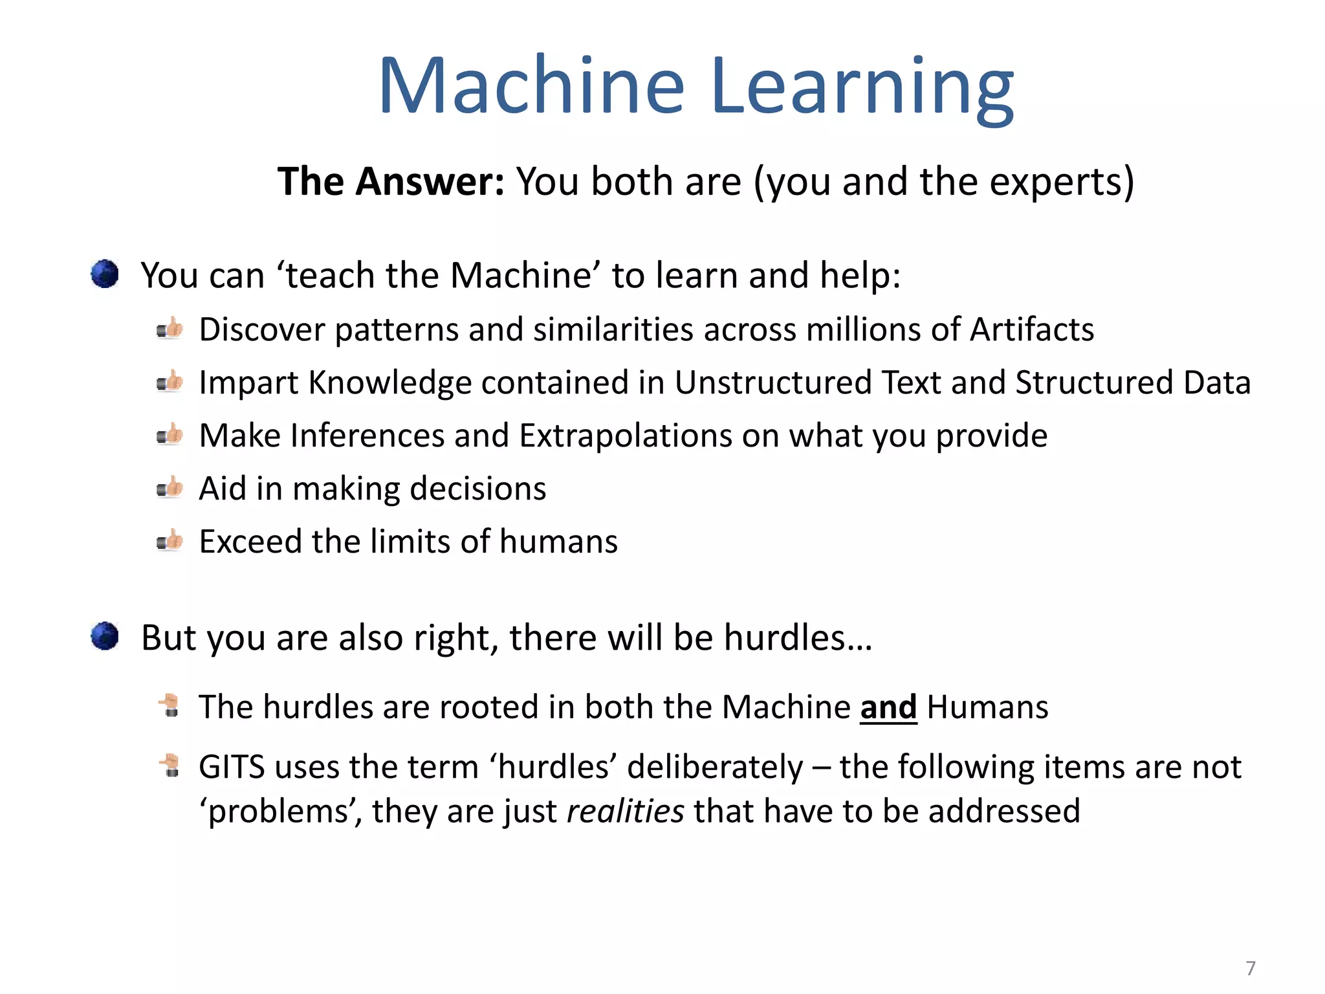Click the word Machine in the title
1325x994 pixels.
point(531,86)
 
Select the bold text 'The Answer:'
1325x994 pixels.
point(390,181)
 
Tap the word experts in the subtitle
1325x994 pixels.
point(1055,181)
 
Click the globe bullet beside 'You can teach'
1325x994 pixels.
point(105,274)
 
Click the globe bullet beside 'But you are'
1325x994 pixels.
point(105,636)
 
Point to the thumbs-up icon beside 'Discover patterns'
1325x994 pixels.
point(170,329)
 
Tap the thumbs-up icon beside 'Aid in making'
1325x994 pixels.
point(170,488)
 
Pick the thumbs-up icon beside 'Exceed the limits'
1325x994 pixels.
point(170,541)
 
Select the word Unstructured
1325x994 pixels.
point(773,382)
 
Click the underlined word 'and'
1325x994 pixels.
point(888,707)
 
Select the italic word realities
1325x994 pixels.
point(625,811)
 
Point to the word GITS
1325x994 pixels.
point(231,767)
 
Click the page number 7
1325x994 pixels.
point(1250,968)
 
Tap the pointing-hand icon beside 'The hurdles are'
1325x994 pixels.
point(170,705)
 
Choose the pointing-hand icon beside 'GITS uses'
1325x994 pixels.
point(170,766)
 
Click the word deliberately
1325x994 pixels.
point(714,767)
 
